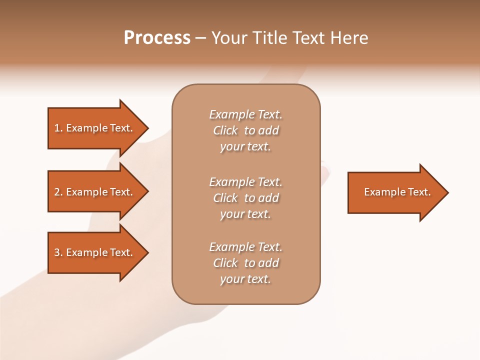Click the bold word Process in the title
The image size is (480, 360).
click(x=157, y=38)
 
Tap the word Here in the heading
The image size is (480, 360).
click(x=349, y=38)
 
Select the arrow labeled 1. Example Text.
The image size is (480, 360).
click(x=95, y=128)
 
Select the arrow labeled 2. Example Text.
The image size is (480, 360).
click(x=95, y=192)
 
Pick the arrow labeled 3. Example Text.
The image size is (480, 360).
click(x=95, y=252)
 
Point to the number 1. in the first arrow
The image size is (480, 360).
click(x=58, y=128)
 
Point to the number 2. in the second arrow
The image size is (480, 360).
click(x=58, y=192)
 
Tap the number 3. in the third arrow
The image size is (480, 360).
click(x=58, y=252)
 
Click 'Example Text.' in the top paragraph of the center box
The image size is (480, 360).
click(x=245, y=114)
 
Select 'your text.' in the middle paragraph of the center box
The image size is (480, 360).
click(x=245, y=214)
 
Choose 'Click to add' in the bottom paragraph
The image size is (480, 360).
click(x=245, y=263)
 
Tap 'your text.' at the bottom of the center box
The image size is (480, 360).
click(x=245, y=279)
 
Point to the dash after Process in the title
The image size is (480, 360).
click(x=200, y=38)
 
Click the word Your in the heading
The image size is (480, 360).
click(x=228, y=38)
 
